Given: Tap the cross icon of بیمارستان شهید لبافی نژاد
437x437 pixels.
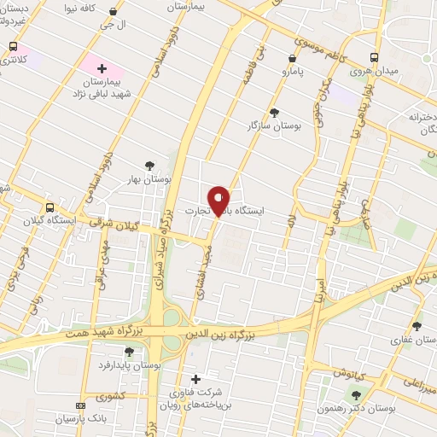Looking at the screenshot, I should tap(102, 67).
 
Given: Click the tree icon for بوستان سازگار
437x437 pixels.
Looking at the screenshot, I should tap(273, 113).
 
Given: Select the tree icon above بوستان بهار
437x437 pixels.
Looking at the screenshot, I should tap(150, 166).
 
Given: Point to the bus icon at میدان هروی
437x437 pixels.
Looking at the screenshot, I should tap(375, 58).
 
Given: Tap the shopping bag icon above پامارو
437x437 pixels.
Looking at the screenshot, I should tap(293, 59).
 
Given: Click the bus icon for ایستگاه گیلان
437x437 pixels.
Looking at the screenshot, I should tap(50, 207).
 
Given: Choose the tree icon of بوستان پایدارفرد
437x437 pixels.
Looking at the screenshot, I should tap(129, 352).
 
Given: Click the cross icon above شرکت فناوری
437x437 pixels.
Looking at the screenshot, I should tap(195, 379).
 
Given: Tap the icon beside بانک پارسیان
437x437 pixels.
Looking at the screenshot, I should tap(80, 406).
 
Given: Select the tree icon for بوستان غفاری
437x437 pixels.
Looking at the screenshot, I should tap(417, 326).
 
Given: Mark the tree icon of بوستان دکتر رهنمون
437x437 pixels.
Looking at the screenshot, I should tap(356, 394).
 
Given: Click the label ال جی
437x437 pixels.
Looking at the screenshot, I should tap(114, 26).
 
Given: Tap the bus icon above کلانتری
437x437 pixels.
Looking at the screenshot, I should tap(13, 47).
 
